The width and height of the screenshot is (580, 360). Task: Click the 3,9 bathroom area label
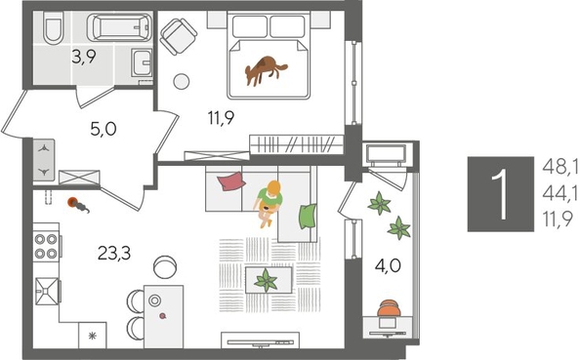tap(84, 57)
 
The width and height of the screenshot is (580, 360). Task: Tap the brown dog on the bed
tap(266, 69)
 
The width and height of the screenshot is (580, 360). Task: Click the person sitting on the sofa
tap(270, 200)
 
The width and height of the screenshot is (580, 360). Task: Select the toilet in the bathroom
tap(55, 28)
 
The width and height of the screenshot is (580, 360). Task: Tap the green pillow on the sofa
tap(309, 214)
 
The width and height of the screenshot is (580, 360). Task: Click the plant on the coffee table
tap(266, 281)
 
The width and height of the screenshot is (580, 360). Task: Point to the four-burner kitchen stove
tap(46, 247)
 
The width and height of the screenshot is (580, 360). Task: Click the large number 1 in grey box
tap(500, 193)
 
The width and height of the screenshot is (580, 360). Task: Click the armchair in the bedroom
tap(178, 38)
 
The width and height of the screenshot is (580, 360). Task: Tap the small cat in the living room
tap(75, 203)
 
